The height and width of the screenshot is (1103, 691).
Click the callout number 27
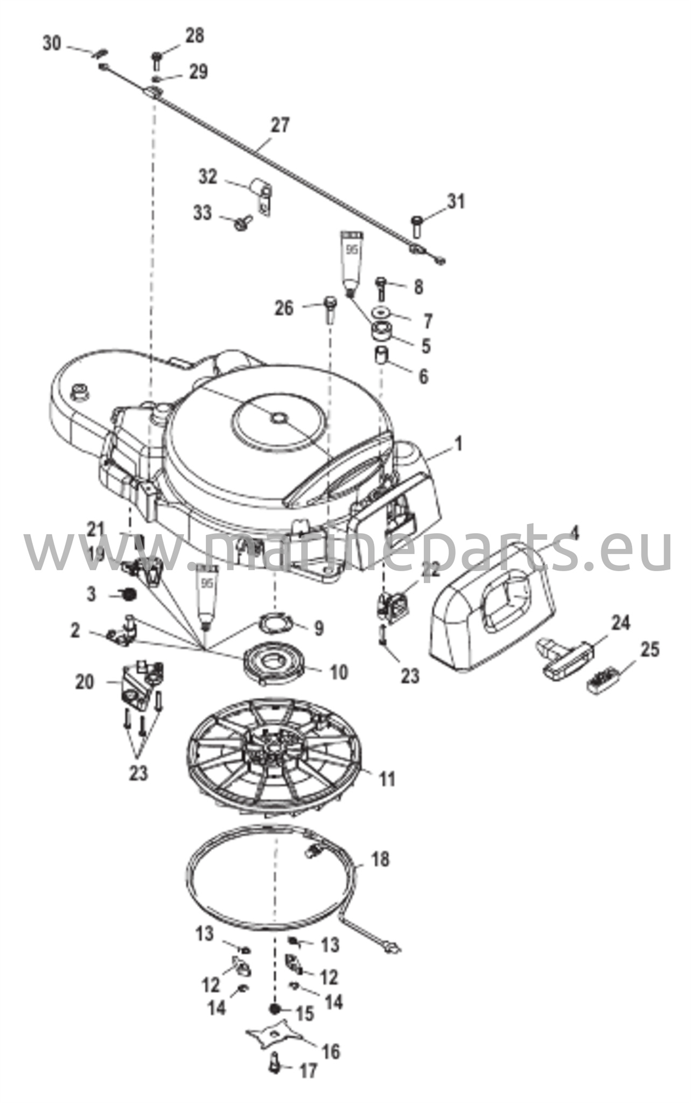point(280,125)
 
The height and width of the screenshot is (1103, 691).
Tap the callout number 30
point(52,44)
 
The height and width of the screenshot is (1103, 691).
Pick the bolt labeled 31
point(417,227)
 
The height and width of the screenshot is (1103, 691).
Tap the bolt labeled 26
point(330,309)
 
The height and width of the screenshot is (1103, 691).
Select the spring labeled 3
point(128,595)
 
